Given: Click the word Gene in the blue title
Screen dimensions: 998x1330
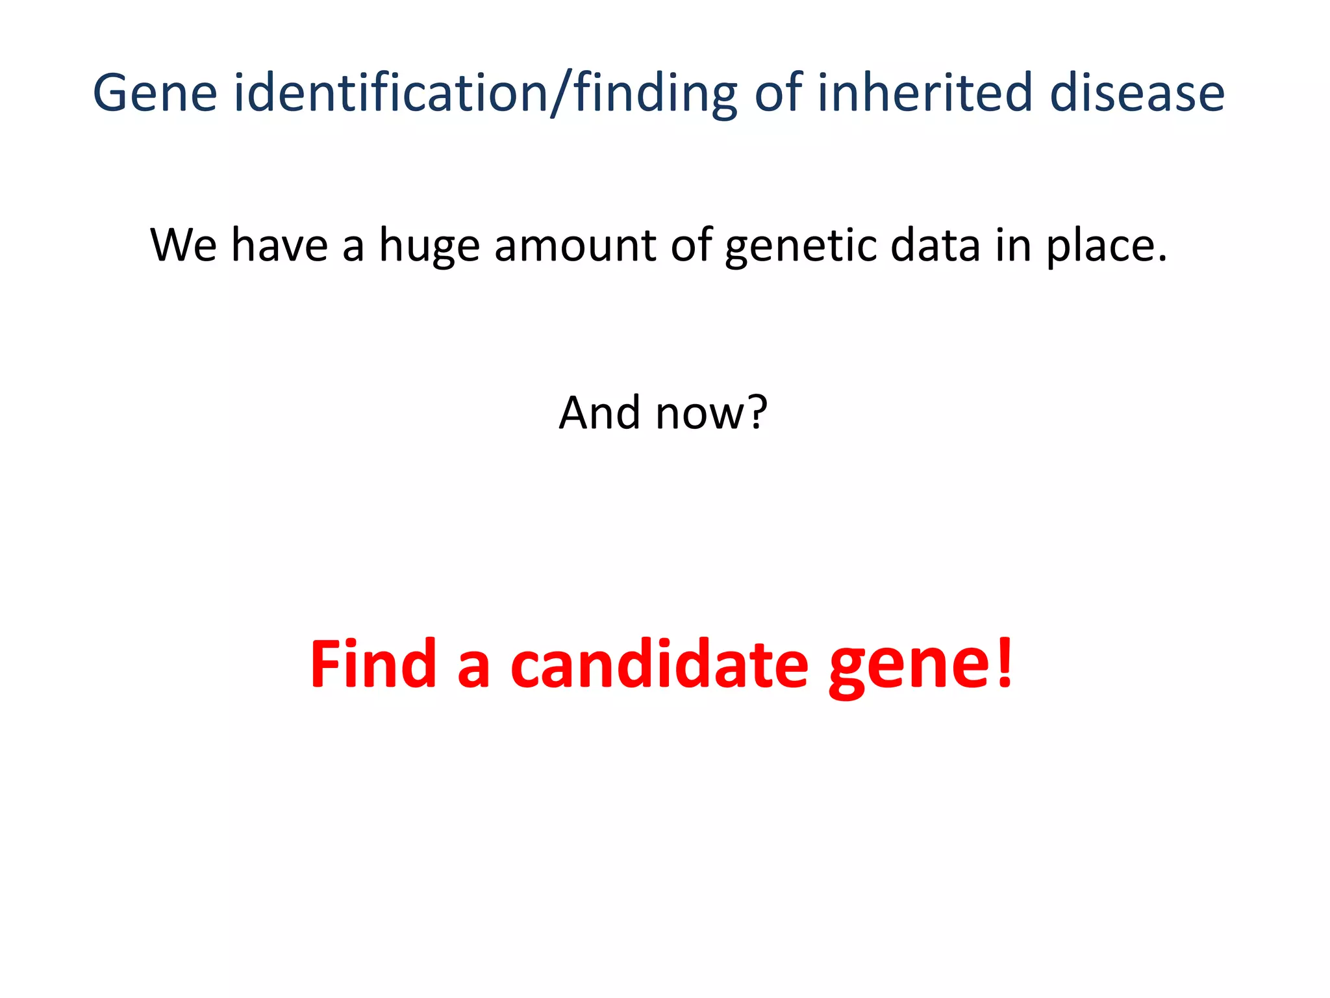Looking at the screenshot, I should click(155, 93).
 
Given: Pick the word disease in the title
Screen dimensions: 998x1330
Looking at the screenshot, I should click(1137, 93).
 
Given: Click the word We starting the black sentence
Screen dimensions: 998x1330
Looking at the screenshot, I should click(184, 245).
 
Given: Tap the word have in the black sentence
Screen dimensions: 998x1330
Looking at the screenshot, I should click(280, 245).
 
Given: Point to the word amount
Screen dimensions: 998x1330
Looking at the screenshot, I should click(575, 245).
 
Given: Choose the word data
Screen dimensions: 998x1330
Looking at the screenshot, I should click(935, 245).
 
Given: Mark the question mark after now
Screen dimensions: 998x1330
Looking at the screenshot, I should click(755, 413).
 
